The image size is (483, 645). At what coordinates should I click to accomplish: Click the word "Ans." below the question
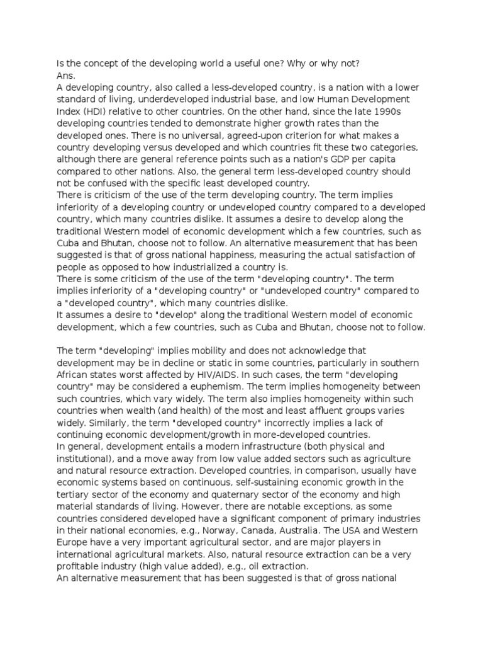tap(66, 75)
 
